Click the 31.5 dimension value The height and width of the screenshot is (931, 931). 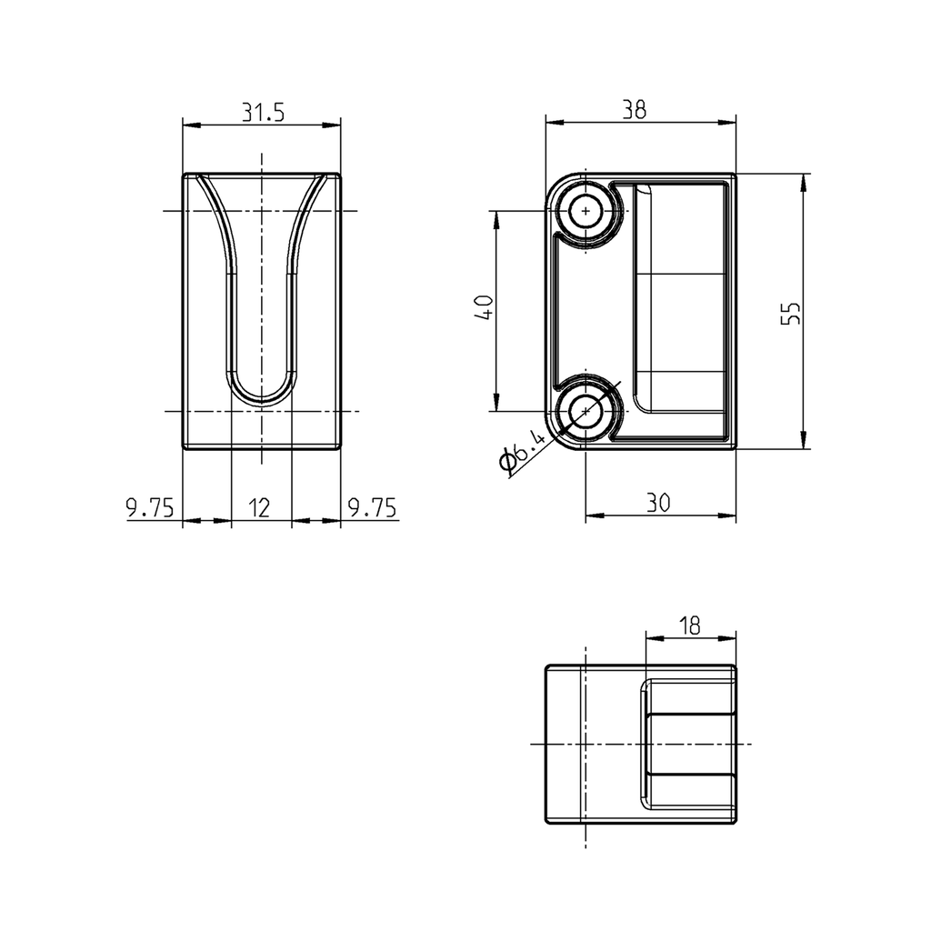tap(263, 112)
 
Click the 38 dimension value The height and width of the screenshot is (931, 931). tap(635, 110)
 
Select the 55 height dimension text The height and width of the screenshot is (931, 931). tap(791, 312)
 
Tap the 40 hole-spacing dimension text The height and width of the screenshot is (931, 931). tap(485, 308)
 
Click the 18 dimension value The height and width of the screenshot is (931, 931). tap(690, 625)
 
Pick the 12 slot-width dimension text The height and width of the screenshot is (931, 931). tap(259, 507)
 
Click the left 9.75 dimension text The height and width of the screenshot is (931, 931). tap(150, 507)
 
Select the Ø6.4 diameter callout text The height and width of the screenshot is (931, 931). tap(525, 452)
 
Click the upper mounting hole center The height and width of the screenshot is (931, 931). tap(586, 212)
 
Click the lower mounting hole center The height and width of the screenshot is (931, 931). tap(586, 412)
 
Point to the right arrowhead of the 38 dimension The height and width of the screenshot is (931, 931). tap(729, 121)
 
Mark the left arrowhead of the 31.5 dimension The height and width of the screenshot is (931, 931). tap(189, 125)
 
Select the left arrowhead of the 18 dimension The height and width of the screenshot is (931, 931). tap(651, 637)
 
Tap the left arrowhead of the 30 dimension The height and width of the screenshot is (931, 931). tap(592, 516)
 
